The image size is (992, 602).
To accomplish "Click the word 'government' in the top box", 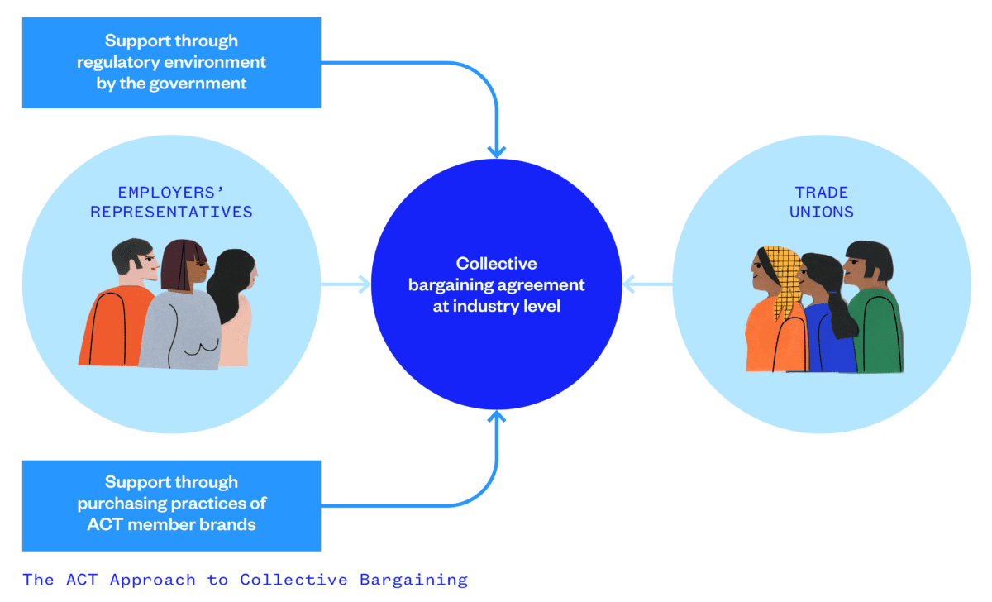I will point(202,84).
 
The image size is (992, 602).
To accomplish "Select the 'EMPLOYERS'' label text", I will point(172,193).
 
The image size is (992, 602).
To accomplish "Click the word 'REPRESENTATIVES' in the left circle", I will point(172,212).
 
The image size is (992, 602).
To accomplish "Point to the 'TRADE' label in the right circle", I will point(821,193).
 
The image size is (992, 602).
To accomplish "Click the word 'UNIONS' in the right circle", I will point(821,212).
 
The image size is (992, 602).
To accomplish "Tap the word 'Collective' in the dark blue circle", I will point(496,264).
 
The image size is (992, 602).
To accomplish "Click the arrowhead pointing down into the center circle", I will point(496,151).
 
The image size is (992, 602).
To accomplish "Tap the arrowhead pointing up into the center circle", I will point(496,417).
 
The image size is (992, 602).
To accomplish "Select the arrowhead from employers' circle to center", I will point(364,285).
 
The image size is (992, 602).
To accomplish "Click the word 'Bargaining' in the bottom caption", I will point(413,580).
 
